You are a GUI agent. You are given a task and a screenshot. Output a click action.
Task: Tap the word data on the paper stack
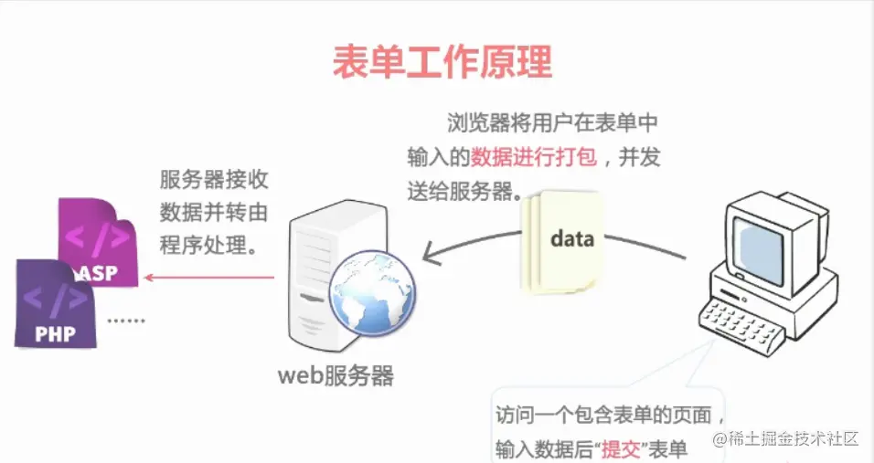[572, 239]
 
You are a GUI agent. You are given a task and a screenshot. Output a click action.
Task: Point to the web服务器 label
[337, 375]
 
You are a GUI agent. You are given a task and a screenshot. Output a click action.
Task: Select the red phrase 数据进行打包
[534, 157]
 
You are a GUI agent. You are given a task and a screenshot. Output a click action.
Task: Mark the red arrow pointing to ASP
[211, 278]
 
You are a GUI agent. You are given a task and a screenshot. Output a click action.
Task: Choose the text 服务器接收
[214, 180]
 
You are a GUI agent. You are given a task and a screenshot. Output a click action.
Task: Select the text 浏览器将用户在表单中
[553, 122]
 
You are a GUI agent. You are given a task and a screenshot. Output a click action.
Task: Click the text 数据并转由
[214, 213]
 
